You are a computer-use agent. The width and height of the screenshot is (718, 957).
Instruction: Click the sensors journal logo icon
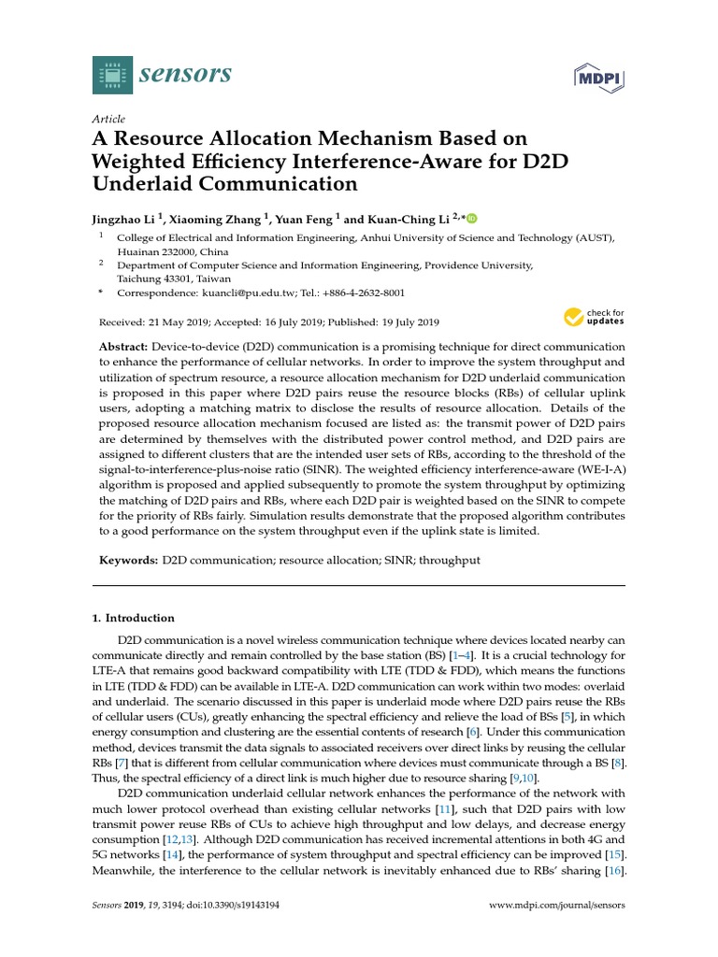coord(112,74)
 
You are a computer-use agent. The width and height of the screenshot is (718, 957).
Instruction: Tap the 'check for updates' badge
coord(594,318)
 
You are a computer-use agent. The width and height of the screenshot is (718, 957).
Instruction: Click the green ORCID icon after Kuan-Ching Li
coord(471,219)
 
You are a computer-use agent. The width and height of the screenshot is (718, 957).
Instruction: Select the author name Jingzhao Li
coord(124,220)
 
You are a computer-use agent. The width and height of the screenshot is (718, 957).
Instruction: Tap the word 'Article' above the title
coord(109,119)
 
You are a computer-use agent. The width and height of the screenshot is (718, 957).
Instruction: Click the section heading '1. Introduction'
coord(133,618)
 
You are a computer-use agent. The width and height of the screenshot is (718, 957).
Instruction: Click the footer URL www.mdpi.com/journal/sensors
coord(557,906)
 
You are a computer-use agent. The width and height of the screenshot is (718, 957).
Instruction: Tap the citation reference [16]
coord(614,870)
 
